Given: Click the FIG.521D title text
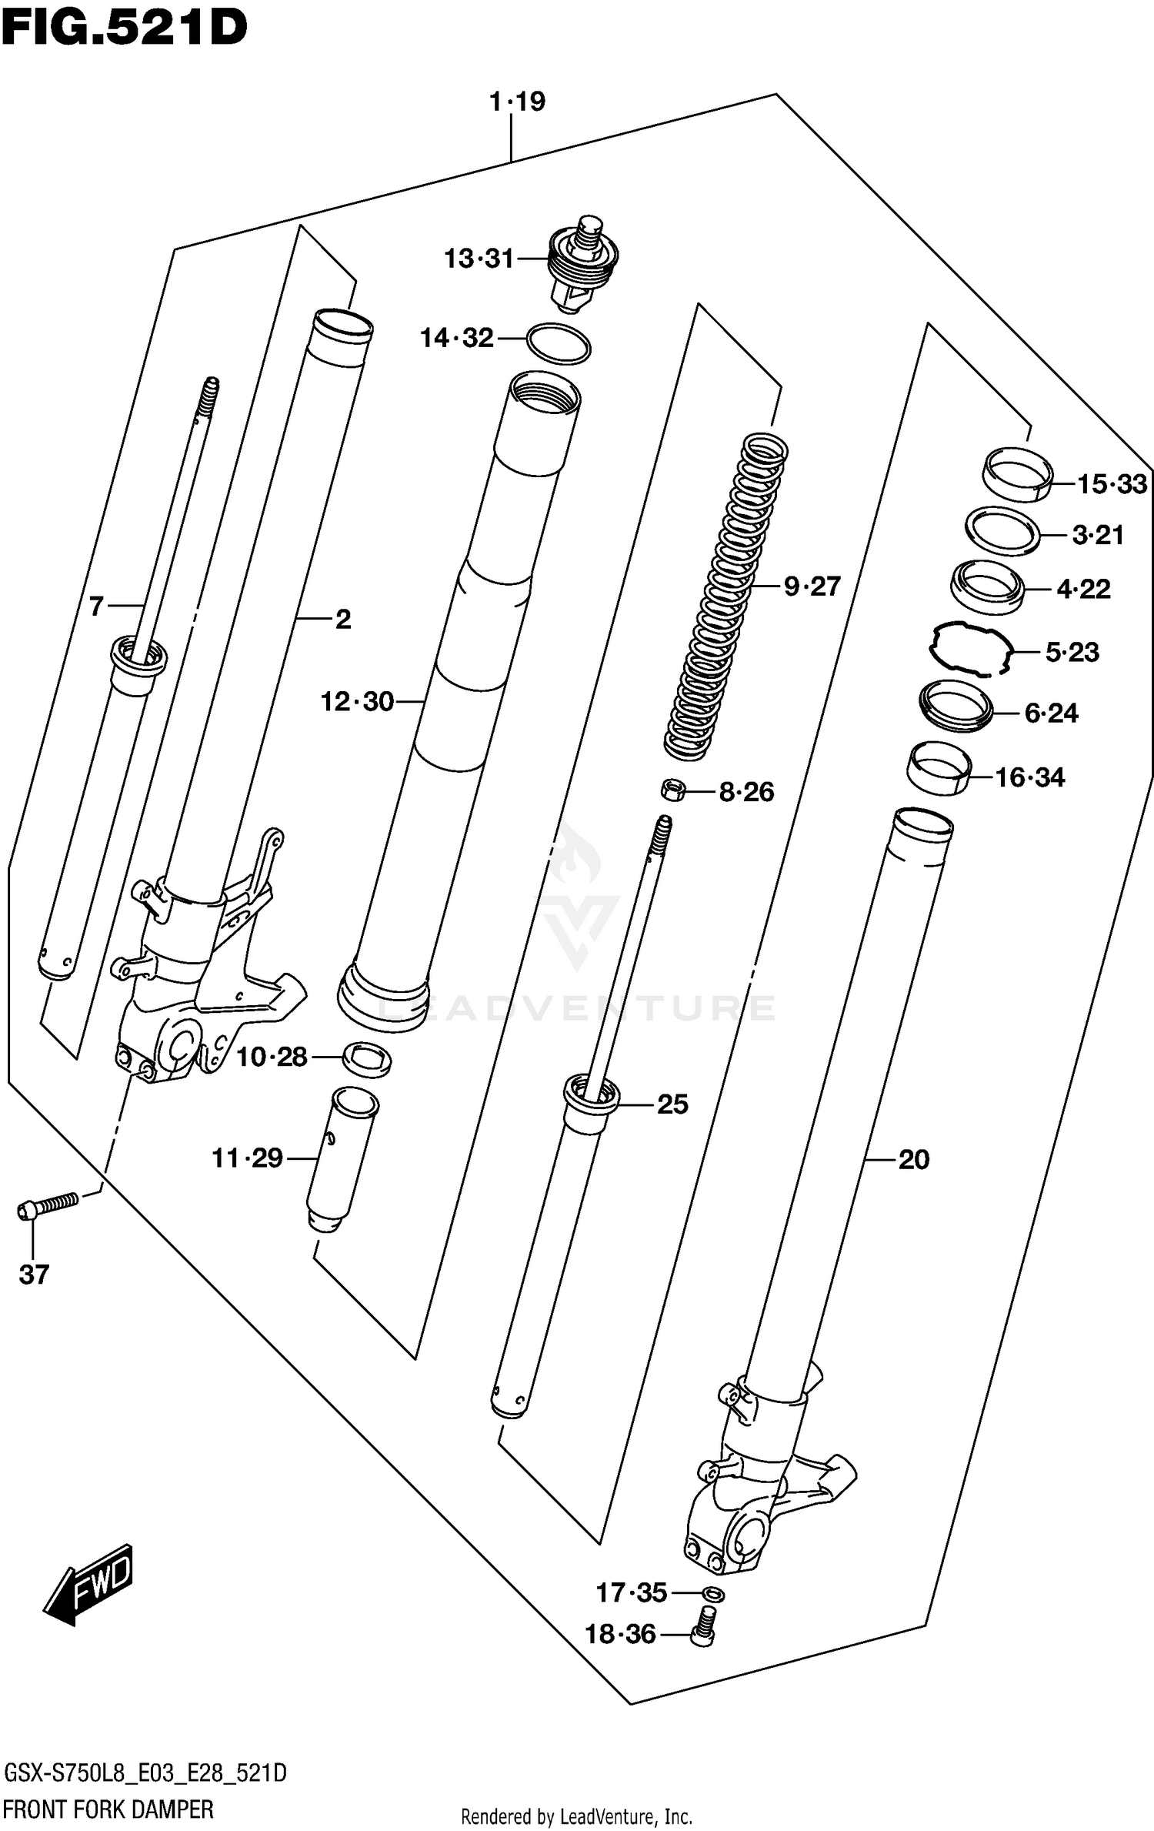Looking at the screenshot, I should click(x=123, y=29).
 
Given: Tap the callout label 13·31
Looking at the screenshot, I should click(x=479, y=259).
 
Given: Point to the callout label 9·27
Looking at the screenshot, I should click(x=812, y=586).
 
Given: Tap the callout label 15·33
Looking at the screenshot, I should click(x=1112, y=484).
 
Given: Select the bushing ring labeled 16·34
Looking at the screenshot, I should click(x=939, y=768).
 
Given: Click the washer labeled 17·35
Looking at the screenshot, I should click(x=713, y=1593).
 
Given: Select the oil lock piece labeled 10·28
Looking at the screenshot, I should click(x=366, y=1059).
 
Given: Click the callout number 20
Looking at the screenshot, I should click(x=913, y=1160).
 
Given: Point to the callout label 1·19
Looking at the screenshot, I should click(x=518, y=102).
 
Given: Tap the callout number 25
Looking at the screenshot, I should click(x=672, y=1104).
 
